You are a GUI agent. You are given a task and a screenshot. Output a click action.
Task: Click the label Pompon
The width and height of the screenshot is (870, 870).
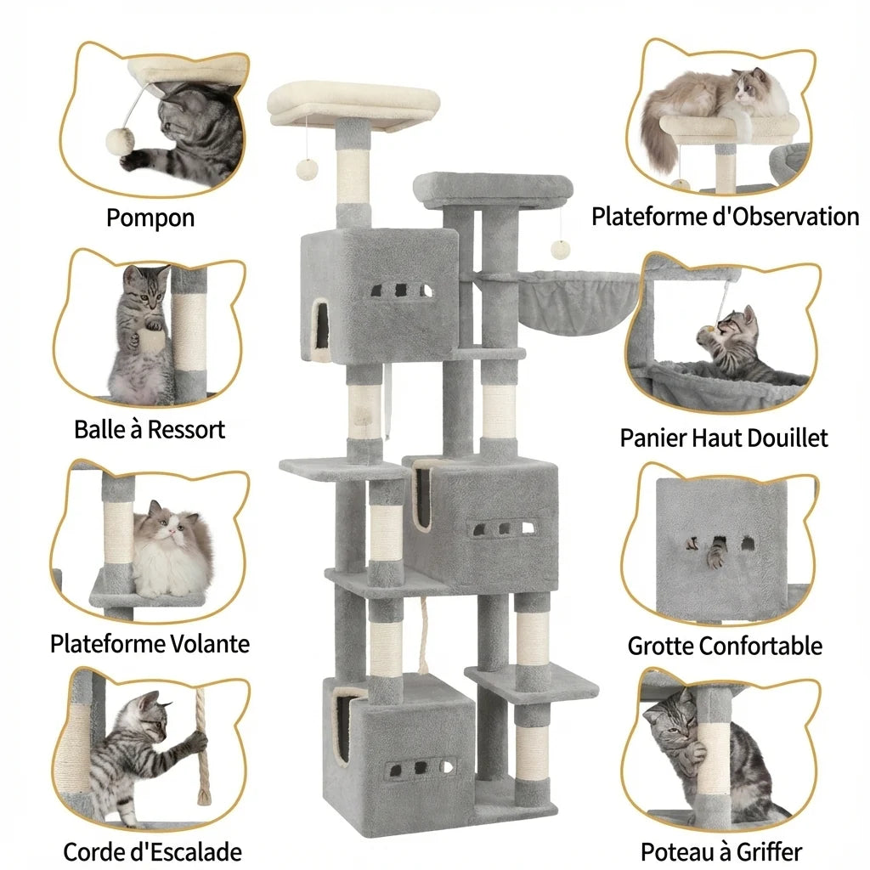150,218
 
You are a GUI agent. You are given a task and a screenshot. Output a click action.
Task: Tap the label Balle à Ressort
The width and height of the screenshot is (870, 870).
150,430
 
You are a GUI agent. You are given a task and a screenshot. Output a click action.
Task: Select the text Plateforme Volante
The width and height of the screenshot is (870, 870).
150,643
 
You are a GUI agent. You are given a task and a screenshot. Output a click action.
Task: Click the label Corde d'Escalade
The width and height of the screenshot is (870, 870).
152,851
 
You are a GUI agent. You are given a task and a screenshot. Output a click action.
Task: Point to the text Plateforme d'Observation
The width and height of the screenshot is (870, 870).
725,217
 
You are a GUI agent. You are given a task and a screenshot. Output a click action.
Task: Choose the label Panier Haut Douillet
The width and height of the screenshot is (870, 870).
723,438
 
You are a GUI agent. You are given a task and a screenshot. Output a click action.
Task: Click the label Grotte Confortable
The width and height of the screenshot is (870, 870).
725,646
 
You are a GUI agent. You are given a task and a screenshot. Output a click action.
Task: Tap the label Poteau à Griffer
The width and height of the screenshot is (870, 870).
721,851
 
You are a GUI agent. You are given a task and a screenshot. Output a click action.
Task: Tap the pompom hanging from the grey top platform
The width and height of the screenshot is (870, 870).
559,249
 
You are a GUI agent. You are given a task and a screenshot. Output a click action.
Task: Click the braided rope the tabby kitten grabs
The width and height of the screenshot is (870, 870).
201,748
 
